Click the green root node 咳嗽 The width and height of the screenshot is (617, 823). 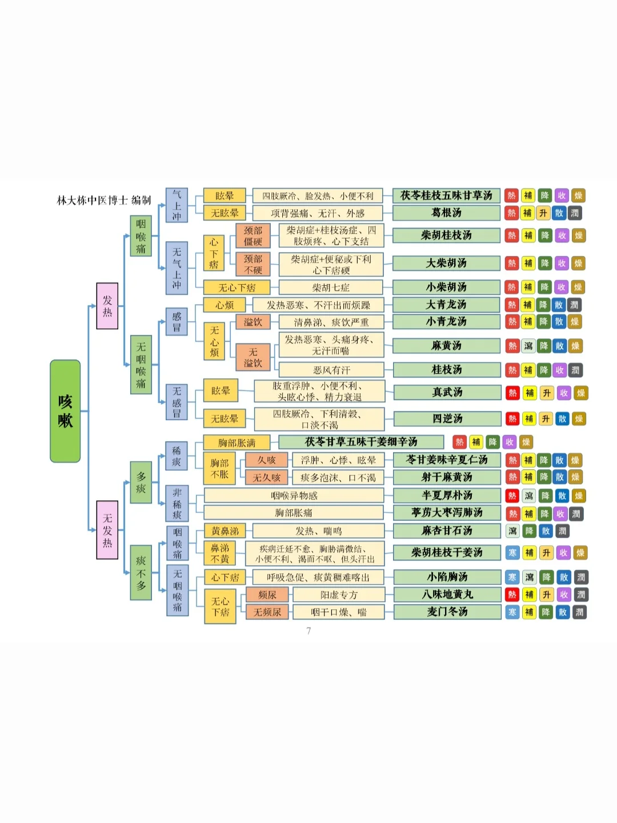[65, 411]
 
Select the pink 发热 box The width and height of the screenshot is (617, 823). [107, 306]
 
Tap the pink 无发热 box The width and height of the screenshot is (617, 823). [107, 530]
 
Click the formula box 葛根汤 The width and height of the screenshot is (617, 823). [446, 213]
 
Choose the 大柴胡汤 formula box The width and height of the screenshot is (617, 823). [446, 263]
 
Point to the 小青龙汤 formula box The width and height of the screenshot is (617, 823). [446, 322]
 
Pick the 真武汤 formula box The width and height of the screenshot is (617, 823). [447, 393]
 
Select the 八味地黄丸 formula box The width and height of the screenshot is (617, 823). [447, 595]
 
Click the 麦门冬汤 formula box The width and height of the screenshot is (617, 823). [447, 612]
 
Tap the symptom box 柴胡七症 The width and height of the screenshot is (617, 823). [331, 287]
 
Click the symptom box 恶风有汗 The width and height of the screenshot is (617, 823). [331, 370]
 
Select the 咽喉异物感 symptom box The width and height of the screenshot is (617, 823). [294, 496]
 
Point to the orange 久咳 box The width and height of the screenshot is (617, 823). [266, 460]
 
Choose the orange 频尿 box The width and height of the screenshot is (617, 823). [267, 595]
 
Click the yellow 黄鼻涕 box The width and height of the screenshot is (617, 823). [225, 531]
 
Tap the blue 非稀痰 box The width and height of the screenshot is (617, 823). [177, 504]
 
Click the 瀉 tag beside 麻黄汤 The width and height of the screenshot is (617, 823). [528, 346]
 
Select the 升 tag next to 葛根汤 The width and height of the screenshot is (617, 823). [543, 213]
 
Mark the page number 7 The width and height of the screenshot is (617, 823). [308, 631]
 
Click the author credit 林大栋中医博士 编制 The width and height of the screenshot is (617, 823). [104, 200]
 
